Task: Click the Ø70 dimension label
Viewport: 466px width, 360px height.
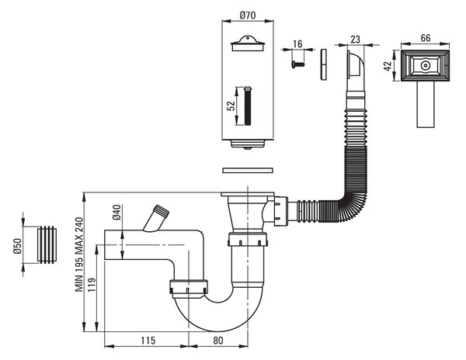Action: pyautogui.click(x=247, y=15)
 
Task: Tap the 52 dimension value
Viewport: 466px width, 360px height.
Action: pyautogui.click(x=231, y=106)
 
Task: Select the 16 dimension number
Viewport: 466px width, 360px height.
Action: pyautogui.click(x=297, y=44)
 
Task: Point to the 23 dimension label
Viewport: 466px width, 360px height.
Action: pyautogui.click(x=355, y=39)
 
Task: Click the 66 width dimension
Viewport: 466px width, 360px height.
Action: pyautogui.click(x=426, y=38)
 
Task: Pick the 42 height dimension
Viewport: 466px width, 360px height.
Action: pyautogui.click(x=388, y=66)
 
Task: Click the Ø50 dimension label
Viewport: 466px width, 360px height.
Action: pyautogui.click(x=18, y=246)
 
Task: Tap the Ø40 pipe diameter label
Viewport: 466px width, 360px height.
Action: pyautogui.click(x=116, y=213)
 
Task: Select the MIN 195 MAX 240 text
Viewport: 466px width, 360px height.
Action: pyautogui.click(x=79, y=254)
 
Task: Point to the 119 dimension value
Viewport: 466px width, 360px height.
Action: pyautogui.click(x=92, y=285)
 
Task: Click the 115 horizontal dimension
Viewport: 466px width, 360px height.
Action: pyautogui.click(x=148, y=340)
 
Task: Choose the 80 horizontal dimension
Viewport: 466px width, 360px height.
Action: pyautogui.click(x=217, y=340)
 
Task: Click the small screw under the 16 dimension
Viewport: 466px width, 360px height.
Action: pyautogui.click(x=298, y=64)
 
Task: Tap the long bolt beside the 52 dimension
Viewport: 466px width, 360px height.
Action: pyautogui.click(x=248, y=106)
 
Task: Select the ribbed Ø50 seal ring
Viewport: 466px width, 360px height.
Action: pyautogui.click(x=47, y=245)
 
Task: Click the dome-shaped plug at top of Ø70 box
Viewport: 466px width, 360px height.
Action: pyautogui.click(x=248, y=43)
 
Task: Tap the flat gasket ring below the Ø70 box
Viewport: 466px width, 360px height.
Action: pyautogui.click(x=248, y=171)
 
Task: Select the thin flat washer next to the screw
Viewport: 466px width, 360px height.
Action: pyautogui.click(x=324, y=64)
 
